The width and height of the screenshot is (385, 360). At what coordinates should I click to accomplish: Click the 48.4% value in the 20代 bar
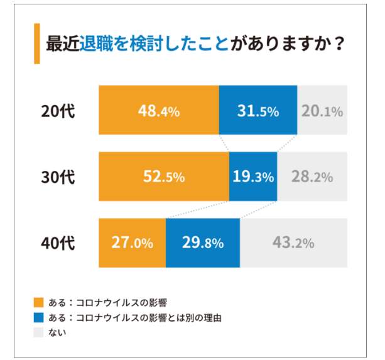click(159, 112)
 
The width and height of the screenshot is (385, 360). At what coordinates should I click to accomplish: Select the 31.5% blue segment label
click(258, 112)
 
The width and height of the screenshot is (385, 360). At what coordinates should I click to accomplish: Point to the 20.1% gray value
click(322, 112)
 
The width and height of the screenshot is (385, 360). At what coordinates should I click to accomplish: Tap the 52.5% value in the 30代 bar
click(164, 177)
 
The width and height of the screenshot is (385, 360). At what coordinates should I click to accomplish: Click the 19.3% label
click(253, 177)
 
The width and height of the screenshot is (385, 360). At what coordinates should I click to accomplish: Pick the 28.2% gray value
click(312, 177)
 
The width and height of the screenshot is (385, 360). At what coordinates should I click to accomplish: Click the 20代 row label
click(58, 112)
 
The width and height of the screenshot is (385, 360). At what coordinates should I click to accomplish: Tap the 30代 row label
click(58, 177)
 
